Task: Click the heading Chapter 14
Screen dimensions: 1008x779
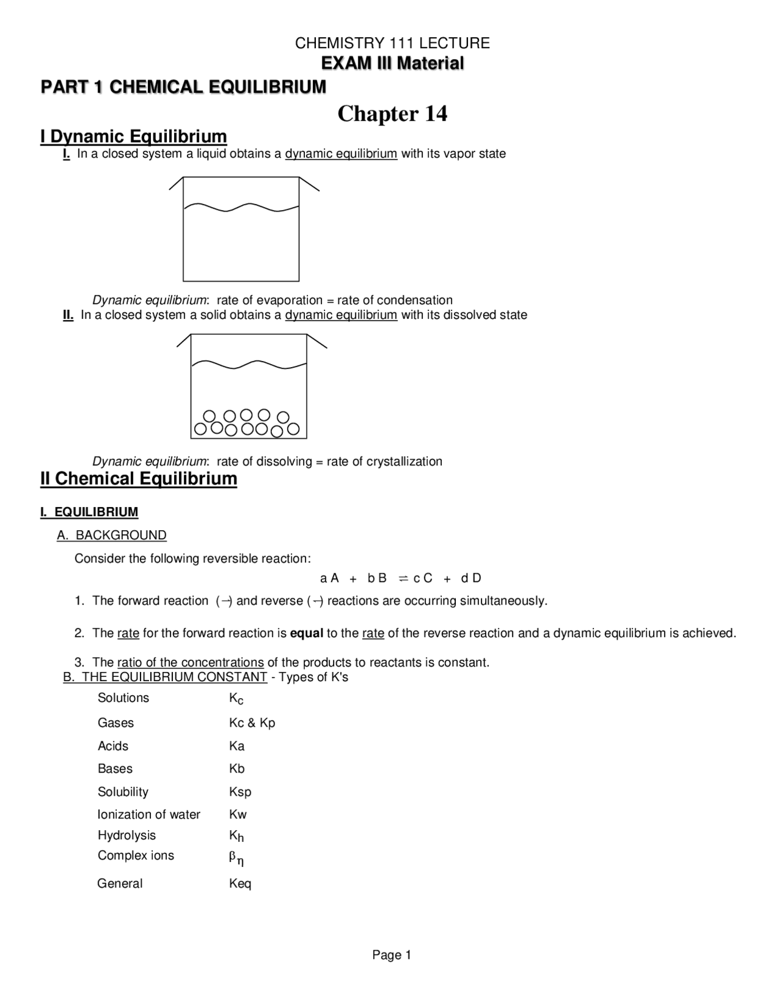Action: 392,114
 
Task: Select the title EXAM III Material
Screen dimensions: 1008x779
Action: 392,63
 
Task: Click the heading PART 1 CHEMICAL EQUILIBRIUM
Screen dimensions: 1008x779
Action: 183,87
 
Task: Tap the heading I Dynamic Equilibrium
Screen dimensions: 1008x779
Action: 133,136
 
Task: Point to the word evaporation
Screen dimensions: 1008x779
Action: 289,300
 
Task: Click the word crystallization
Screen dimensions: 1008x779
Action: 402,461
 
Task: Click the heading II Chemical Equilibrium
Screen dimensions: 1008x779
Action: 139,478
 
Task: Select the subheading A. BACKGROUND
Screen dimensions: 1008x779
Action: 111,535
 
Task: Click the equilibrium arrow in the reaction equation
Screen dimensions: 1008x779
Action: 403,578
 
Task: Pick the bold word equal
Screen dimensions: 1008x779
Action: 306,633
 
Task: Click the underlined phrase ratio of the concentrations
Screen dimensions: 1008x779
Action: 190,662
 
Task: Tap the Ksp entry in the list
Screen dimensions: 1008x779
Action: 240,792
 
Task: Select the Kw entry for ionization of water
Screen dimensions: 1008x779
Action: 237,814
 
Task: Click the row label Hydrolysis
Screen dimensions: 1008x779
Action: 127,835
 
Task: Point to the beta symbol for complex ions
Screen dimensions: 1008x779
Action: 232,856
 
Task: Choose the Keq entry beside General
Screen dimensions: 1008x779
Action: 240,883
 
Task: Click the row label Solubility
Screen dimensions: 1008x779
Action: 123,792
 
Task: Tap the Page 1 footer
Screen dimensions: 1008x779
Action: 392,955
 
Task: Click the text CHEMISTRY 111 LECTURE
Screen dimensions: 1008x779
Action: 392,43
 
